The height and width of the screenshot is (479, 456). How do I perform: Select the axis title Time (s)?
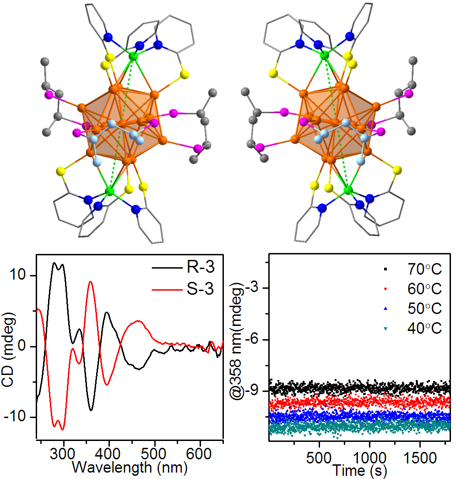(359, 470)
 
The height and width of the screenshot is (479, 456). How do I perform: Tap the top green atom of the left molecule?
(133, 56)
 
